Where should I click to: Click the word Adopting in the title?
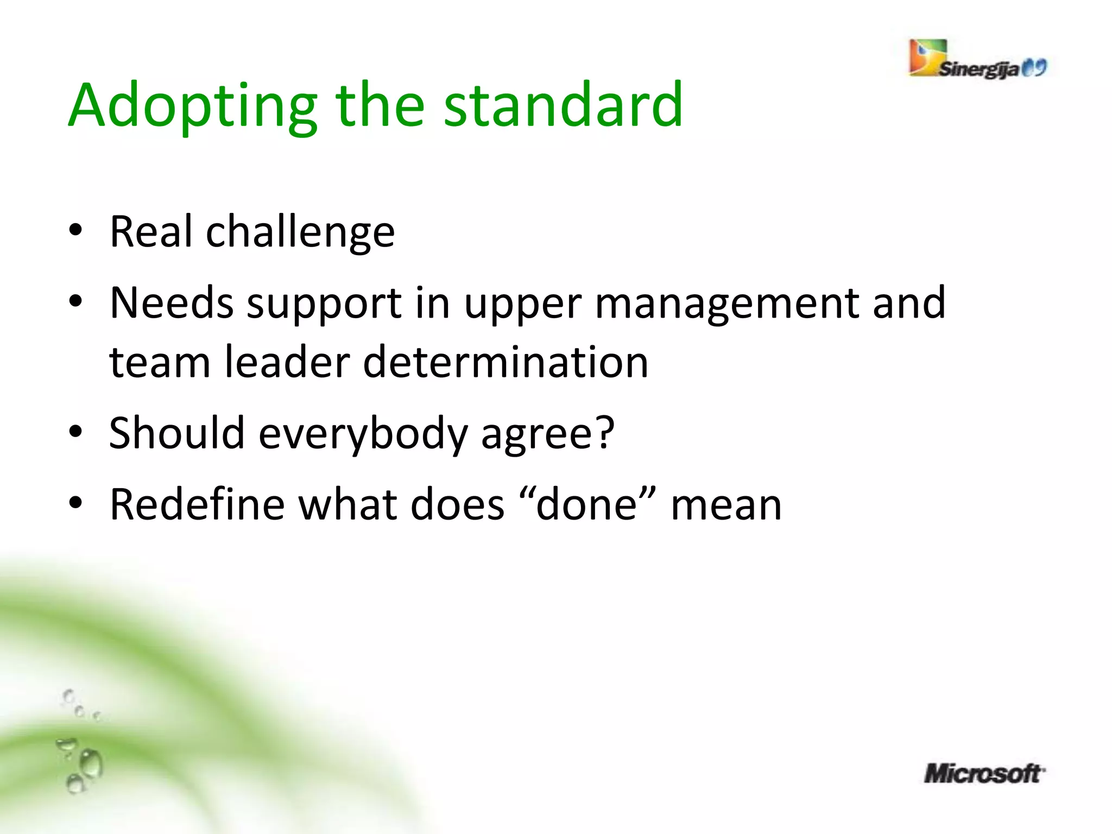(193, 106)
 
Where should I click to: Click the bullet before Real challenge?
(75, 231)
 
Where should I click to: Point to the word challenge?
(300, 232)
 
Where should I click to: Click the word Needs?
(171, 302)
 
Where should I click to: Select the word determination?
(506, 362)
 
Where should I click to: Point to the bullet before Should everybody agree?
(75, 433)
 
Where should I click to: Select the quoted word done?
(586, 504)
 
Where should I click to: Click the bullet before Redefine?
(75, 503)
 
